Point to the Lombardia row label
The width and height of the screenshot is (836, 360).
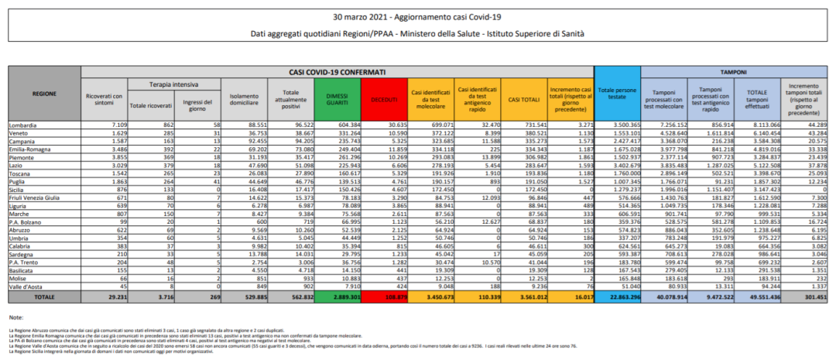point(22,124)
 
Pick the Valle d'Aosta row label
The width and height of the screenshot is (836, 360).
point(25,286)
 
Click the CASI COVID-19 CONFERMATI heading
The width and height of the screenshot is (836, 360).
point(337,71)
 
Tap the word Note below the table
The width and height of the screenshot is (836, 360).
point(16,318)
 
